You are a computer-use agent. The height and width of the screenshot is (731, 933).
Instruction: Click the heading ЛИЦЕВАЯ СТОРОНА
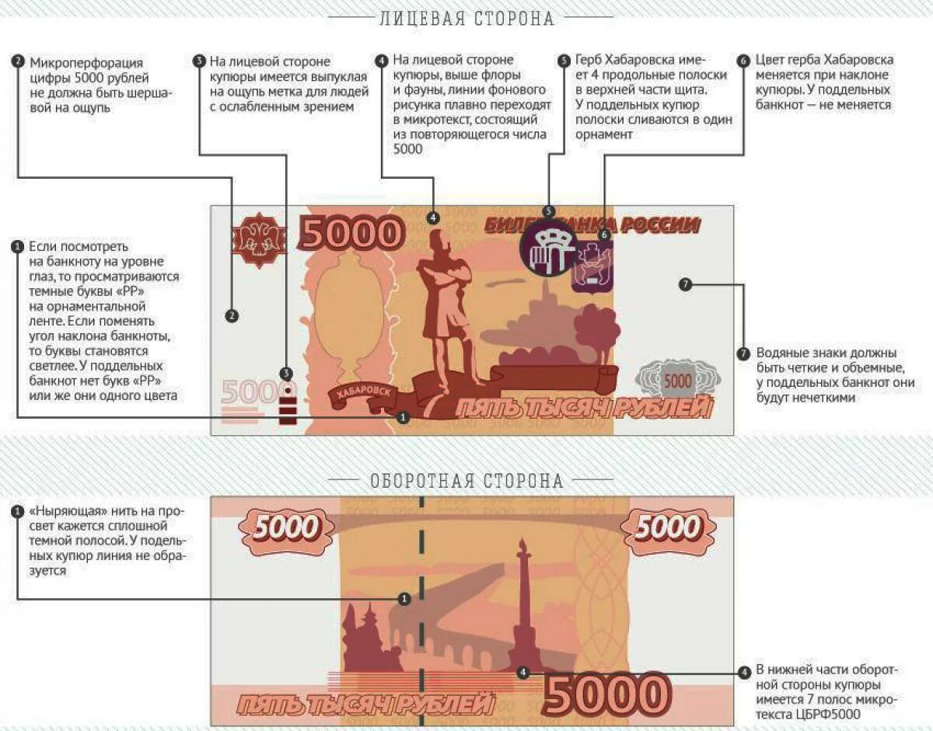466,19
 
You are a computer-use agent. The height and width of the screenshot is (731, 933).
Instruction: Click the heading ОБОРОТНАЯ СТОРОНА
466,481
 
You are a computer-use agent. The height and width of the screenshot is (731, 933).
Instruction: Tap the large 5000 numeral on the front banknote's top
352,234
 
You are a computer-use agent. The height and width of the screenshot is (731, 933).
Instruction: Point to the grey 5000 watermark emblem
676,381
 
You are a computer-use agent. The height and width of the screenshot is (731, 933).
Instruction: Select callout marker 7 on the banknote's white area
685,284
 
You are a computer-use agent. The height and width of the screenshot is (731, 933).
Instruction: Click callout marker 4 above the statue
433,218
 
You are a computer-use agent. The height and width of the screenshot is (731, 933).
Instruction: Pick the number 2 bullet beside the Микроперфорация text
18,61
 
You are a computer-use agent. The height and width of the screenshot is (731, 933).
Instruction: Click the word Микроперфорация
86,61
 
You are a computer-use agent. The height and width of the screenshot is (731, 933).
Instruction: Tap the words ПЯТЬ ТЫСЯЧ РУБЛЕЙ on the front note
583,408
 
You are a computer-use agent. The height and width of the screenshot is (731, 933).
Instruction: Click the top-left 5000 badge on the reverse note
285,528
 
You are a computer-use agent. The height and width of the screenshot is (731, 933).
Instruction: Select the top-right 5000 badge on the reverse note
667,528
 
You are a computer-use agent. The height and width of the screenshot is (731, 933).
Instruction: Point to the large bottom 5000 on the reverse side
606,694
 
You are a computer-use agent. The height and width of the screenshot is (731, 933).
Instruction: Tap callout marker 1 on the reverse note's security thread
404,599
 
